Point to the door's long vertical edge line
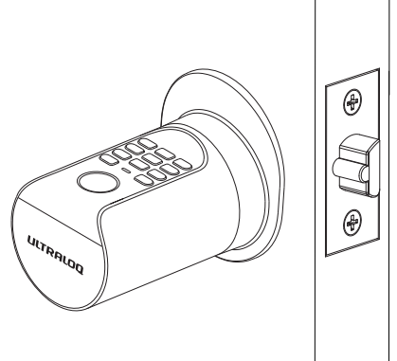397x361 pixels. [x=314, y=190]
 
